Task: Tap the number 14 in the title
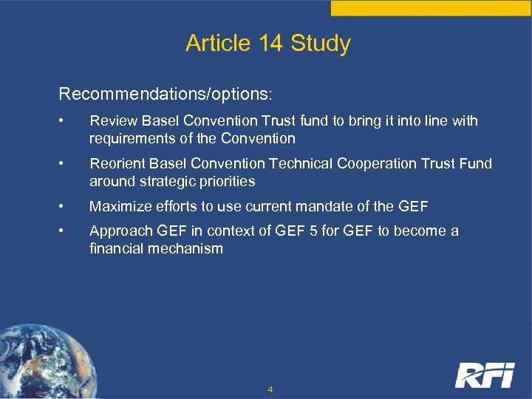[272, 44]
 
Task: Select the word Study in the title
[321, 44]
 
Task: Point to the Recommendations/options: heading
[166, 95]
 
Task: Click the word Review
[111, 120]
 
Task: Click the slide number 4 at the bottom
[270, 389]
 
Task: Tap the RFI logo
[484, 375]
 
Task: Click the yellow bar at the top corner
[431, 7]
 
